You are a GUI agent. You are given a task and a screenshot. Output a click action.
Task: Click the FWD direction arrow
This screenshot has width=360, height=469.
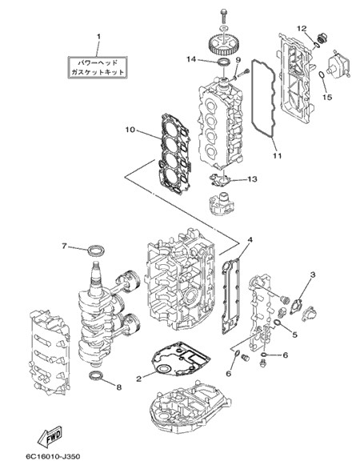pos(50,436)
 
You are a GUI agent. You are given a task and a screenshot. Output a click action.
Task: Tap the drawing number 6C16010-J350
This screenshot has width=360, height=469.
pos(53,456)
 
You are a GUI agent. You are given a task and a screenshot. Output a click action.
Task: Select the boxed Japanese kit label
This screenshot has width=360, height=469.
pos(98,67)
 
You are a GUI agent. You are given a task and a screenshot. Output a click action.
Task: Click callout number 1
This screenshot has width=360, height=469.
pos(98,37)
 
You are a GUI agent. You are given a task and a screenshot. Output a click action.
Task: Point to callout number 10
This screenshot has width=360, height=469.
pos(130,130)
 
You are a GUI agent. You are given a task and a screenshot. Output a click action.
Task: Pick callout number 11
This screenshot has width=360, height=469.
pos(277,156)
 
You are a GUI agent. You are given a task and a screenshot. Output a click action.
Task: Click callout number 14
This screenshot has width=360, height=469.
pos(191,59)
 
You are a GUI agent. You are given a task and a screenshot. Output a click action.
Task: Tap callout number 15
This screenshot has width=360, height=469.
pos(327,97)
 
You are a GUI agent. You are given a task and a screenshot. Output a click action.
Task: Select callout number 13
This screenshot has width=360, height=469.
pos(252,179)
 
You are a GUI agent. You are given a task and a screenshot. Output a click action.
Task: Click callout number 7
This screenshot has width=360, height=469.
pos(64,246)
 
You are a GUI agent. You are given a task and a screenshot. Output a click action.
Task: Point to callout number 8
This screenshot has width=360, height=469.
pos(119,387)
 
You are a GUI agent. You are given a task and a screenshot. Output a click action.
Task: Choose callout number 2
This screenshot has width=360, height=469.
pos(138,379)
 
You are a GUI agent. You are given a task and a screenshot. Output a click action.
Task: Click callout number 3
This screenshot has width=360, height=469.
pos(313,275)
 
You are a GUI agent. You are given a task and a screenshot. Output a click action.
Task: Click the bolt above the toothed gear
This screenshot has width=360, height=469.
pos(224,15)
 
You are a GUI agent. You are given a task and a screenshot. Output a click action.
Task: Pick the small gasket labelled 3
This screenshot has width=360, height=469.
pos(296,306)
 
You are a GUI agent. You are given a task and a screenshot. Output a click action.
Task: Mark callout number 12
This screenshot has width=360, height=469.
pos(302,29)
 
